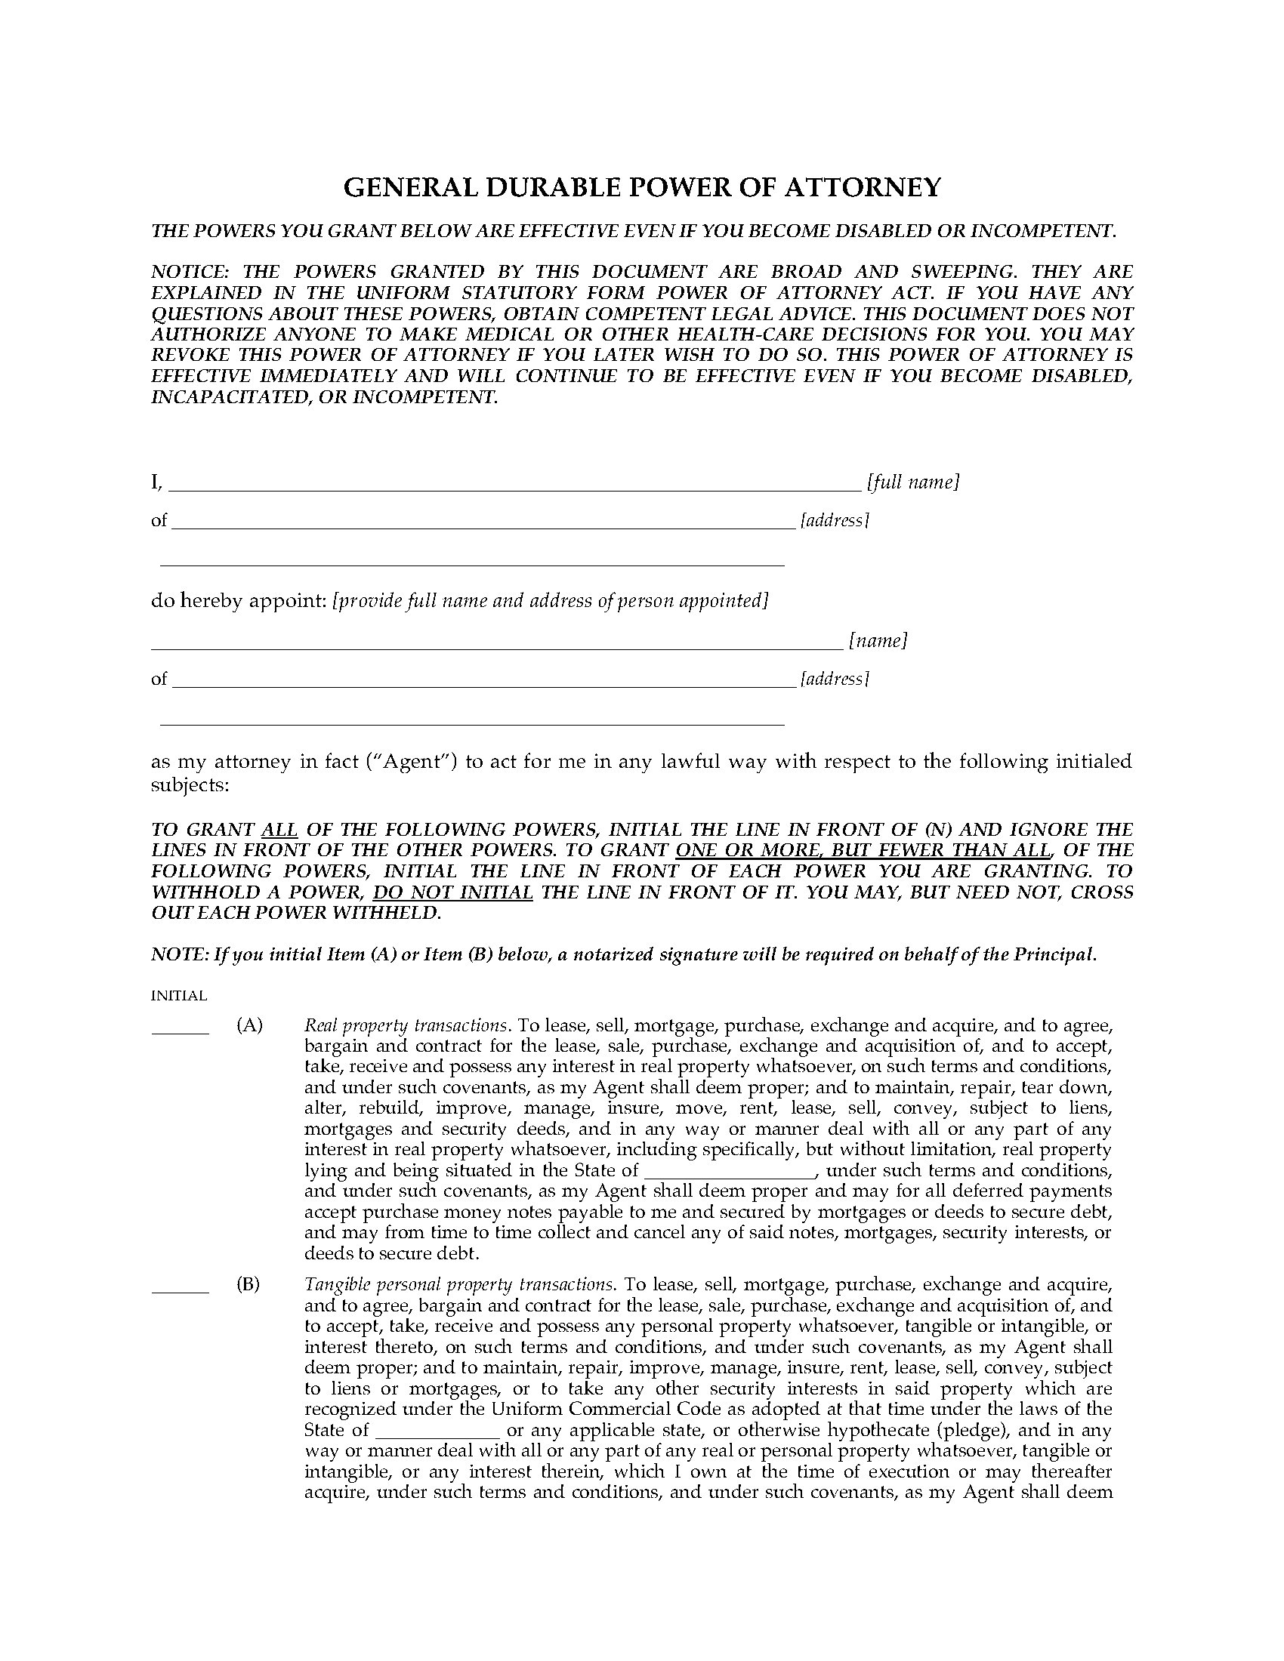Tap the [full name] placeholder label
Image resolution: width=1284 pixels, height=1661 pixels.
913,482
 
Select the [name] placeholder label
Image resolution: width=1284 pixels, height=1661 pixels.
878,641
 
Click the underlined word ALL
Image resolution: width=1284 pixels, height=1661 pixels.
279,829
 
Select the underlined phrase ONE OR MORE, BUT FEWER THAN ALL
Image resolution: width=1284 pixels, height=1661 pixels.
863,850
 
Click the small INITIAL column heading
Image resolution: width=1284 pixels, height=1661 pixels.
179,996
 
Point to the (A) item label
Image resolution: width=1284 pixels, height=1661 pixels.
249,1025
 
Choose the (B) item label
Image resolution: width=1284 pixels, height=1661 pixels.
248,1284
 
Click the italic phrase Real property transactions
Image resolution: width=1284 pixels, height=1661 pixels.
406,1025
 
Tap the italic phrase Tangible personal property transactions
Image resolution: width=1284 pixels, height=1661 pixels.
458,1284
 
